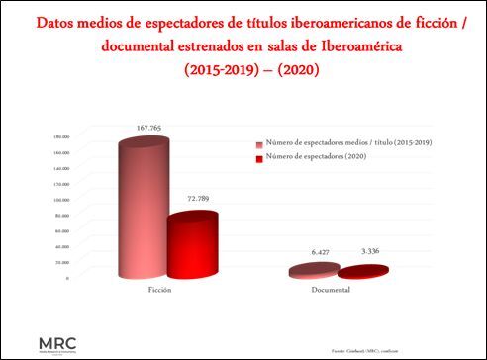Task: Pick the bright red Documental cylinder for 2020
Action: click(x=362, y=272)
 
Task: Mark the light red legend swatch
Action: click(x=258, y=144)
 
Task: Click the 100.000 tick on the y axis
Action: click(x=60, y=199)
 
